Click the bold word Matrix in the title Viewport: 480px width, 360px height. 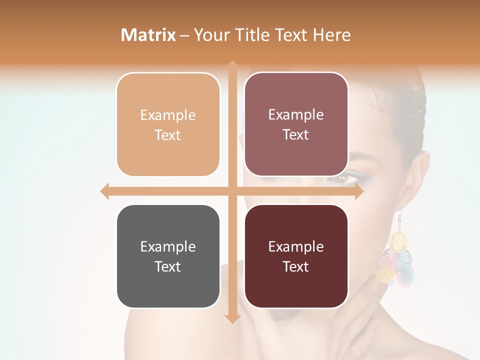(x=148, y=35)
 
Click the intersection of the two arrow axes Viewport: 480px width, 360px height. (x=232, y=191)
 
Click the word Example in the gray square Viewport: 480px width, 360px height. (x=168, y=247)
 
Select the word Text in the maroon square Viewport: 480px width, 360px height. (x=296, y=267)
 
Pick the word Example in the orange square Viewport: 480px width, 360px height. (x=168, y=115)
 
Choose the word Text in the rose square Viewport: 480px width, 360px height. (x=296, y=135)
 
